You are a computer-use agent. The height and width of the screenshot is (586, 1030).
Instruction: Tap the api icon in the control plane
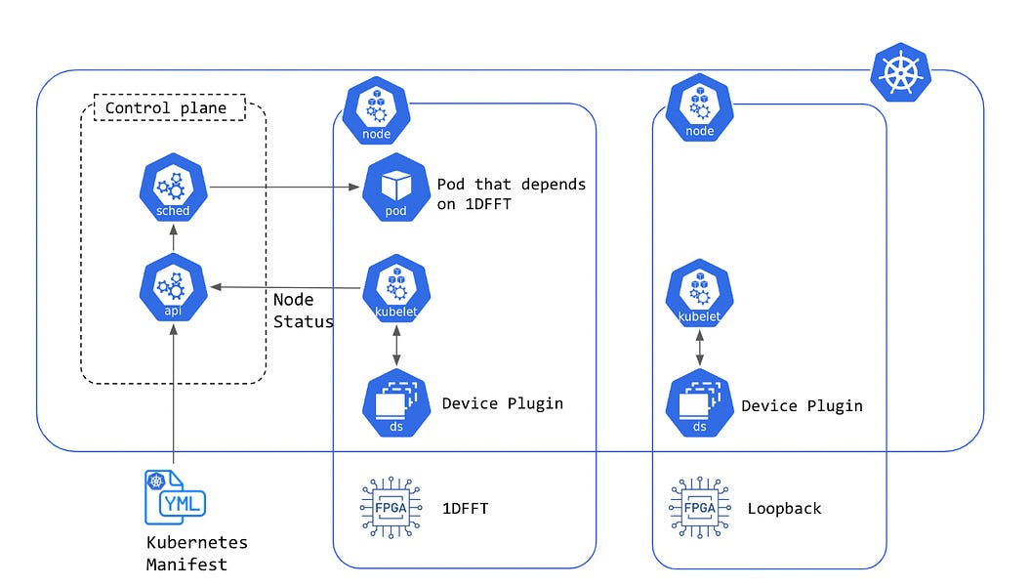[173, 290]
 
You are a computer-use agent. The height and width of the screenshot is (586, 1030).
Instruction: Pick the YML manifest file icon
[175, 498]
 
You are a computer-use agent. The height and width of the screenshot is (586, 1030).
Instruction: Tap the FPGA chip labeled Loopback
[699, 508]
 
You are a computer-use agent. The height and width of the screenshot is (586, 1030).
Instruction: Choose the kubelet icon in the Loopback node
[699, 297]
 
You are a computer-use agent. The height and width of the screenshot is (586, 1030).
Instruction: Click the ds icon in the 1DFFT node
[395, 403]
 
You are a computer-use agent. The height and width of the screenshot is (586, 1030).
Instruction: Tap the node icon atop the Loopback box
[699, 111]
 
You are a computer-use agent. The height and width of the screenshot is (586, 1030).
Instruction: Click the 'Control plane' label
[165, 108]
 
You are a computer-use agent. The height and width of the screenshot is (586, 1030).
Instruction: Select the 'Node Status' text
[303, 311]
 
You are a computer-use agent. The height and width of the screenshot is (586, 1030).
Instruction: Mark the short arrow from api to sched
[173, 238]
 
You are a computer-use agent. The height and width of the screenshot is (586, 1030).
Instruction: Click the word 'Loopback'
[784, 509]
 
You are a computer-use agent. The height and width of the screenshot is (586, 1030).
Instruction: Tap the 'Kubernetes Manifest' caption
[196, 553]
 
